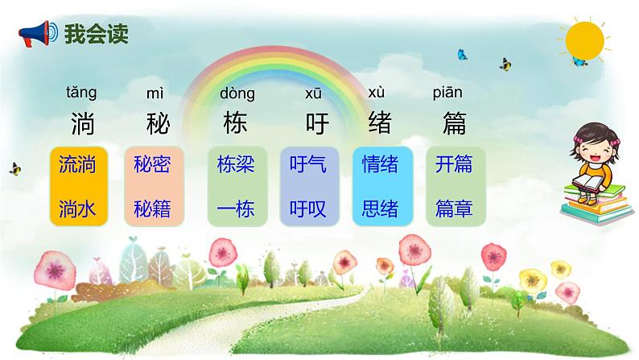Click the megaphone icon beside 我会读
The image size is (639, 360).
[37, 33]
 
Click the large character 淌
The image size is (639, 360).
[81, 125]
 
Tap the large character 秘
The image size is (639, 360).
[155, 125]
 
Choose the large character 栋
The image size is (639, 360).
[236, 125]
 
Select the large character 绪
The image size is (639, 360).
[380, 125]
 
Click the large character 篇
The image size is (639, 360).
[455, 125]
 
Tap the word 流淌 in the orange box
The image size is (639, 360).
[77, 165]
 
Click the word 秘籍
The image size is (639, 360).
[153, 209]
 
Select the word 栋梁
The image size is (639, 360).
[236, 165]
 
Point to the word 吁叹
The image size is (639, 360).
[307, 209]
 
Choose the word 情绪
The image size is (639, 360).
[381, 165]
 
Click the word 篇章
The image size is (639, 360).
[454, 209]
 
